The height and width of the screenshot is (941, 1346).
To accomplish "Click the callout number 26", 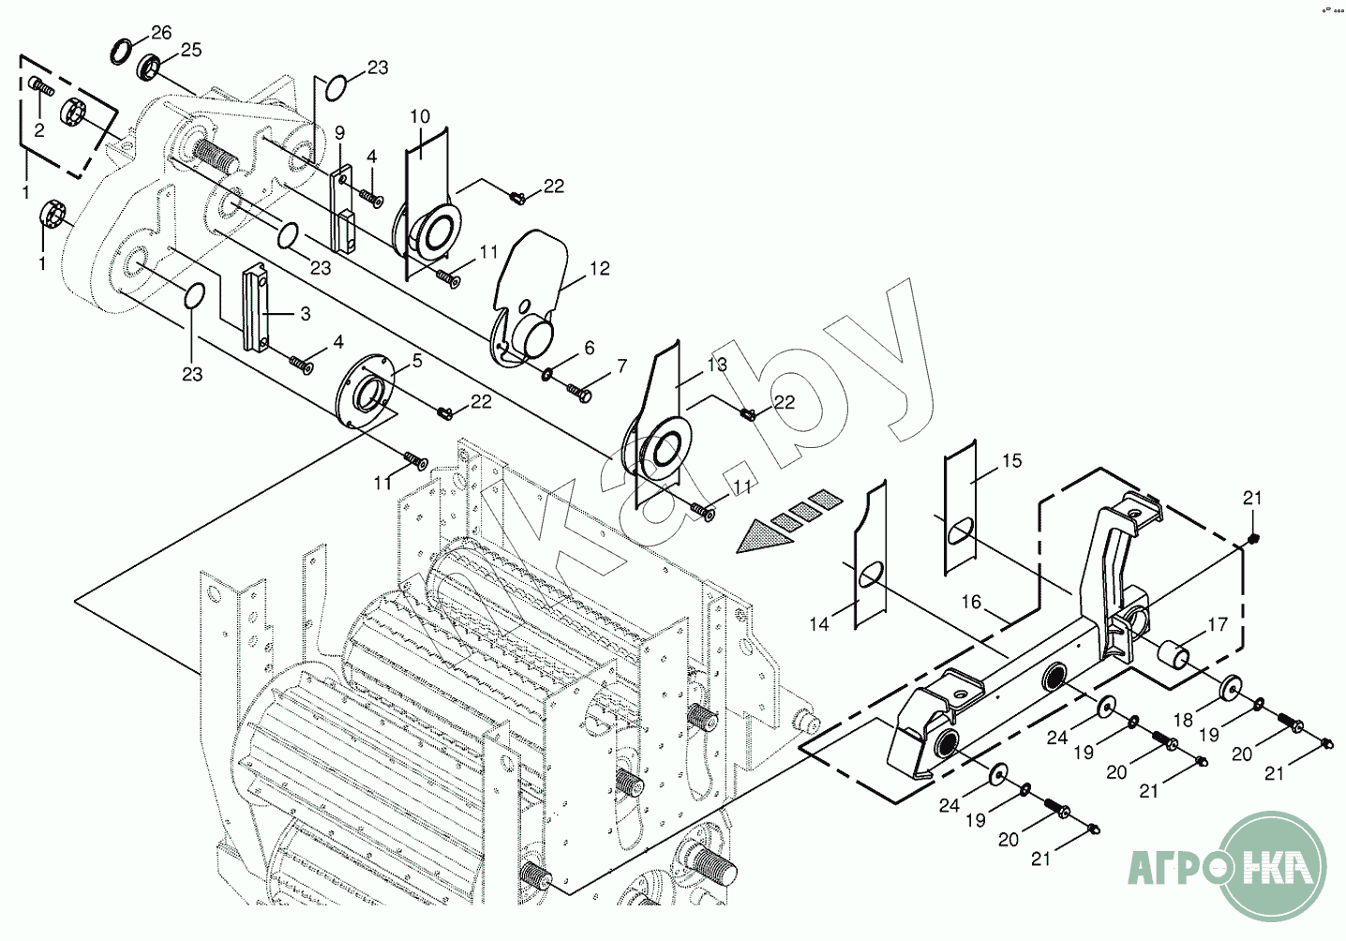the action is pos(161,33).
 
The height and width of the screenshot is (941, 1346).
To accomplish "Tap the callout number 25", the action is pos(190,50).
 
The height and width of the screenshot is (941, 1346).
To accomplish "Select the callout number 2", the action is pos(39,130).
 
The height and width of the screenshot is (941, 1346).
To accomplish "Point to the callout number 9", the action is pos(339,133).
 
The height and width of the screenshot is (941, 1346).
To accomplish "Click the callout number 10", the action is pos(420,116).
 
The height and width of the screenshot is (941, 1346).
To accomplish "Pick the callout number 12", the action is pos(600,269).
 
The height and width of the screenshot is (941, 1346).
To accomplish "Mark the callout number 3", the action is pos(305,315).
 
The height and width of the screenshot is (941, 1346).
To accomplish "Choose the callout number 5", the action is pos(417,360).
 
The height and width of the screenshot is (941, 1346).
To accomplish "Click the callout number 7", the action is pos(621,366).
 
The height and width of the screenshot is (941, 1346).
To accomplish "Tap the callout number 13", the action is pos(717,365).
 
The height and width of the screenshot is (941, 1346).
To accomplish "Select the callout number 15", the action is pos(1011,460).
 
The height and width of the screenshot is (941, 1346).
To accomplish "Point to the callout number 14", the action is pos(819,623).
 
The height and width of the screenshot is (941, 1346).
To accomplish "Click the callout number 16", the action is pos(971,602).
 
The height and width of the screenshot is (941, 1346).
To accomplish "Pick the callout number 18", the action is pos(1183,720).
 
